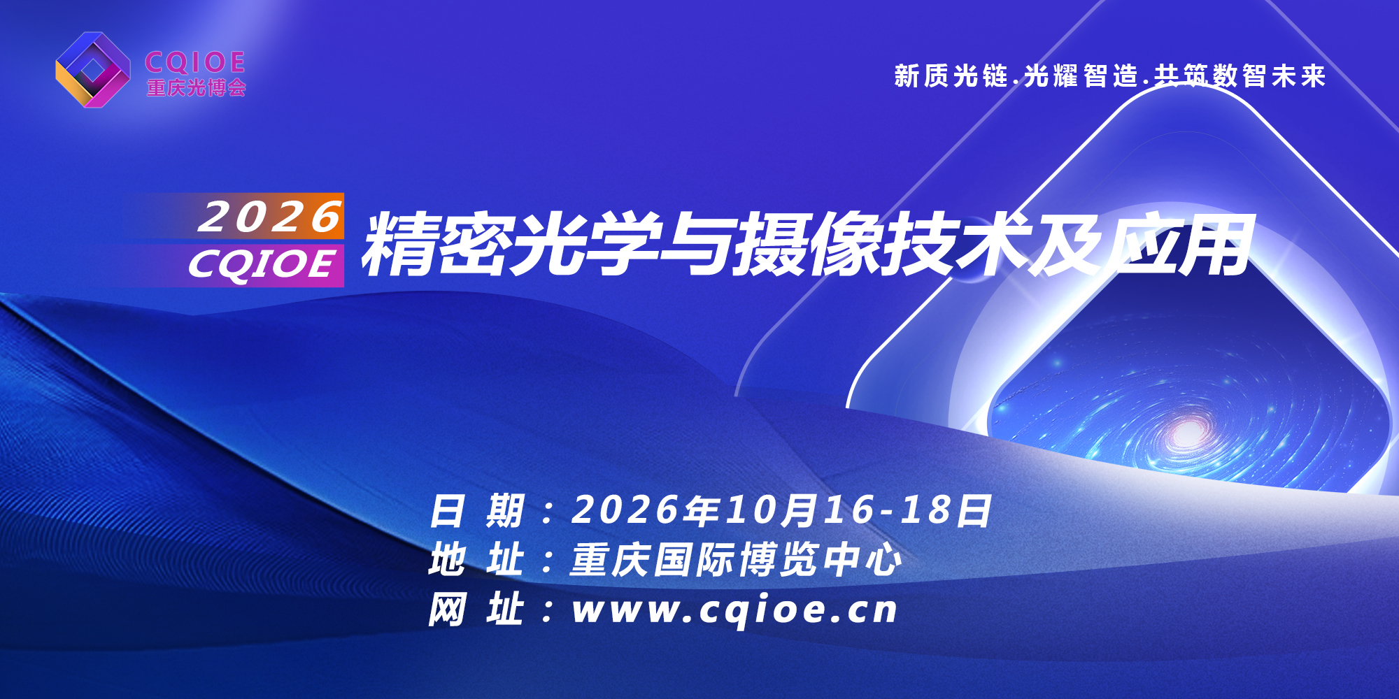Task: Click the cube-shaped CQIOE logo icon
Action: click(x=93, y=70)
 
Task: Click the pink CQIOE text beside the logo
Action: click(x=195, y=62)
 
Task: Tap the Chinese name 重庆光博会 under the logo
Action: click(x=197, y=88)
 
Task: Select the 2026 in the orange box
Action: click(x=270, y=217)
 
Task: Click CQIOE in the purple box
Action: click(x=262, y=265)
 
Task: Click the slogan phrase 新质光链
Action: click(x=951, y=75)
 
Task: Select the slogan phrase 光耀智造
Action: click(x=1081, y=75)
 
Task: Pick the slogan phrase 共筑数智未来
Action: click(x=1240, y=75)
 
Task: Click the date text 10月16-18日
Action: click(x=859, y=510)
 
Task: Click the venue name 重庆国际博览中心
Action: click(x=737, y=560)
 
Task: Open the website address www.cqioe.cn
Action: click(x=734, y=610)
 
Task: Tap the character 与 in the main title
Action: click(x=696, y=245)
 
